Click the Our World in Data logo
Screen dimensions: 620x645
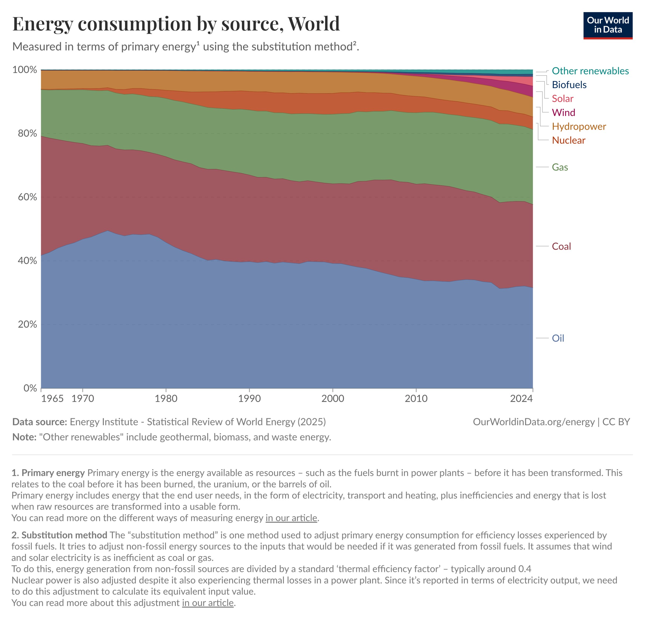pos(607,25)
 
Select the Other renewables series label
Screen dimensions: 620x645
pos(590,71)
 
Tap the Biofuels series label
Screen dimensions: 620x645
pos(569,85)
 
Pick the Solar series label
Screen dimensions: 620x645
pos(562,99)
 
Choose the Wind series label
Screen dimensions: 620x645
pos(563,113)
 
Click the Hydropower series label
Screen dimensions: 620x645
pos(579,126)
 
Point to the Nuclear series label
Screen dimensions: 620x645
pos(568,140)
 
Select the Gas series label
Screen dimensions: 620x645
pos(560,167)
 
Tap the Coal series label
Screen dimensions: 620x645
pos(561,246)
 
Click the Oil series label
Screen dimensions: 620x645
pos(558,338)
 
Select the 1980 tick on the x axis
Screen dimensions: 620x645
pos(166,398)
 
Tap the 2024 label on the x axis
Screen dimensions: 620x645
pos(521,398)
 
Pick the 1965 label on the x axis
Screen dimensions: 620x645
pos(52,398)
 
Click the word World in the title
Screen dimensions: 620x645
pos(314,24)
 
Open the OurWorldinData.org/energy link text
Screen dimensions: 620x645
pos(533,422)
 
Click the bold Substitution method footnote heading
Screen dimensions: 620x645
pos(64,535)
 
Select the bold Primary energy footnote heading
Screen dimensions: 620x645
pos(53,473)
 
